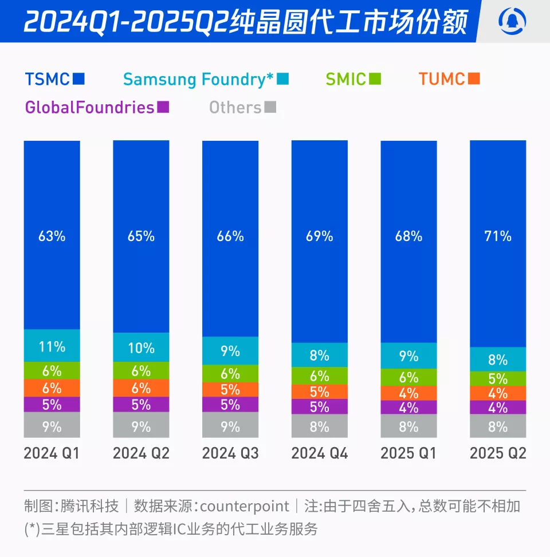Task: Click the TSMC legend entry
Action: pos(54,78)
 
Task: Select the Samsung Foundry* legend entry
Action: pos(205,78)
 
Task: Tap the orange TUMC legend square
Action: pos(473,78)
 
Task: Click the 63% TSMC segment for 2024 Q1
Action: pos(52,235)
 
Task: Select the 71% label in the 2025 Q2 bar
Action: pos(498,236)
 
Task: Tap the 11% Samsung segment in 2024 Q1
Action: pos(52,346)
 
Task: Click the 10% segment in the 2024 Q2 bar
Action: pos(141,347)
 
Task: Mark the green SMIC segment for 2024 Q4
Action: pos(319,376)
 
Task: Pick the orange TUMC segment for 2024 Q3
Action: pos(230,389)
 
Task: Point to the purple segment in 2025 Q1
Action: pos(408,408)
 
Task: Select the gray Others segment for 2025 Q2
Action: pos(498,426)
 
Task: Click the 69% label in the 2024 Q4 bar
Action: pos(319,236)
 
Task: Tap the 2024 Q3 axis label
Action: pos(230,453)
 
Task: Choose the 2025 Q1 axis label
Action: pos(408,453)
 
